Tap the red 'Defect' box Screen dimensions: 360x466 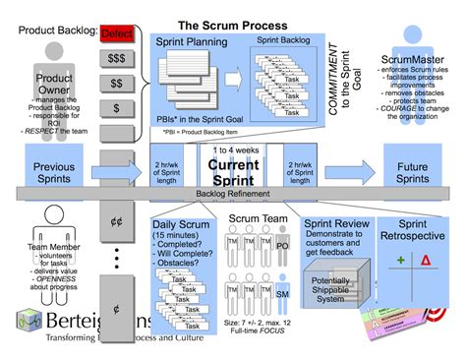pos(117,33)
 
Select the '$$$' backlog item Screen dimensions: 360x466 pos(117,59)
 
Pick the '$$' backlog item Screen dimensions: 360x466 pos(117,83)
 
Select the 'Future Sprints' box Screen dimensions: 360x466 pos(419,173)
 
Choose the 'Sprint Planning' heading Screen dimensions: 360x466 pos(193,43)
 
